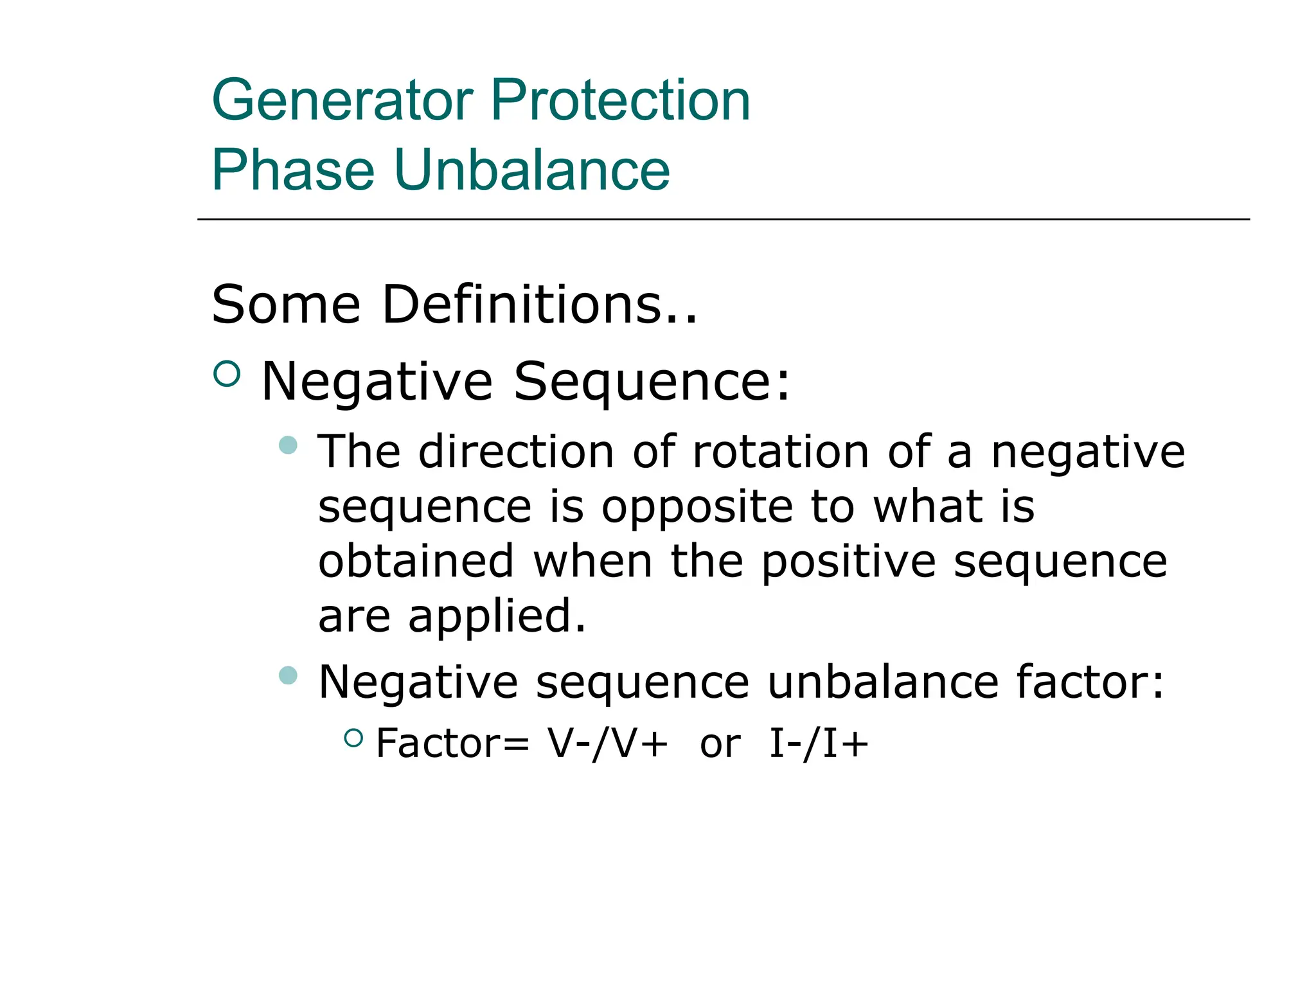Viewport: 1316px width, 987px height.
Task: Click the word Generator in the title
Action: coord(342,100)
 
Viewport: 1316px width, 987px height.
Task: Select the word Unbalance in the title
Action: coord(531,170)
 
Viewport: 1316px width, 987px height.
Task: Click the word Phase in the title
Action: coord(292,170)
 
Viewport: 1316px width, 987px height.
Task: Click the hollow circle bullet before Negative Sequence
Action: coord(226,373)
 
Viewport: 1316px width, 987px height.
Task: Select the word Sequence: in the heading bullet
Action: coord(652,382)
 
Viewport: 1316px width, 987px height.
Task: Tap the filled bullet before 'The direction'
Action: coord(289,445)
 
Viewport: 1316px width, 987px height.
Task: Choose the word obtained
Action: coord(416,561)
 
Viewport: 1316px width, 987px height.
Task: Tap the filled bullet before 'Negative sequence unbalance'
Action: coord(289,675)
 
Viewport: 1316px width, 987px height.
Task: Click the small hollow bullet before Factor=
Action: coord(353,738)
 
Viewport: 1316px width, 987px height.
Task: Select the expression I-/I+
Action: coord(819,744)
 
